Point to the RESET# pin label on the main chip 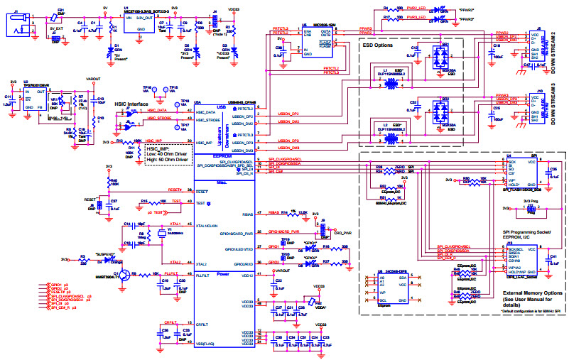click(201, 192)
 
